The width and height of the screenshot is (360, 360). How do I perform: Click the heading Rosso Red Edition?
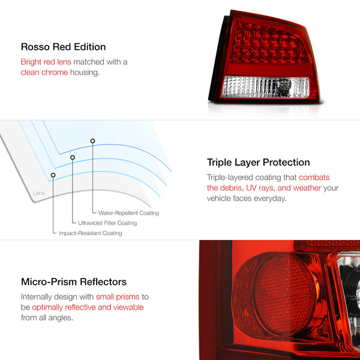pyautogui.click(x=63, y=47)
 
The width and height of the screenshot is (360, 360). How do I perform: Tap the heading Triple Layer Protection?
pyautogui.click(x=258, y=162)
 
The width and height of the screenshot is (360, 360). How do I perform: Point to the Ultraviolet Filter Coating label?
pyautogui.click(x=107, y=223)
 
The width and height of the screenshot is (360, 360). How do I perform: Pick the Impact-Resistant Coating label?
pyautogui.click(x=90, y=233)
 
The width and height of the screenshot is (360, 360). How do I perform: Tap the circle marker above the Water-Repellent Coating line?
pyautogui.click(x=93, y=141)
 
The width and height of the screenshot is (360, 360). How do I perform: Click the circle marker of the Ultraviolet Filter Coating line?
pyautogui.click(x=73, y=158)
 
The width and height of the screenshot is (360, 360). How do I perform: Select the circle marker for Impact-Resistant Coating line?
pyautogui.click(x=53, y=175)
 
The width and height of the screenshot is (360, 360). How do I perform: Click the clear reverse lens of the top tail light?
pyautogui.click(x=264, y=87)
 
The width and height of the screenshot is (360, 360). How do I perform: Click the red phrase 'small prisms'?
pyautogui.click(x=119, y=296)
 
